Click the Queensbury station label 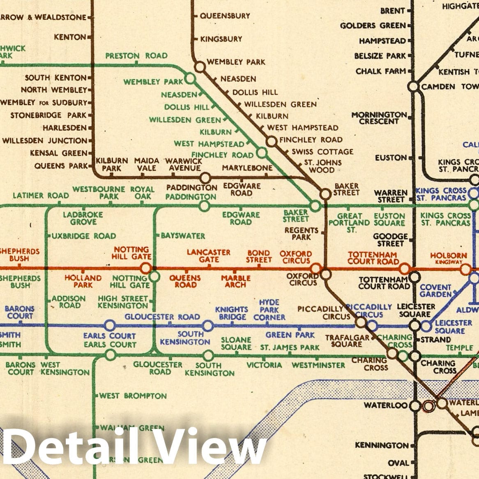pyautogui.click(x=225, y=16)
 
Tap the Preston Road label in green pyautogui.click(x=136, y=56)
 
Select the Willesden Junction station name pyautogui.click(x=45, y=140)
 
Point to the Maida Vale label pyautogui.click(x=147, y=164)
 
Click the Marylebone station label pyautogui.click(x=247, y=168)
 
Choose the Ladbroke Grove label pyautogui.click(x=83, y=218)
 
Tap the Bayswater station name pyautogui.click(x=183, y=236)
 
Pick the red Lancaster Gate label pyautogui.click(x=209, y=256)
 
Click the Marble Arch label pyautogui.click(x=235, y=281)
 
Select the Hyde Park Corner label pyautogui.click(x=269, y=310)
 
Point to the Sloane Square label pyautogui.click(x=236, y=343)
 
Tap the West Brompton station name pyautogui.click(x=133, y=396)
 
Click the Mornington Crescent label pyautogui.click(x=379, y=118)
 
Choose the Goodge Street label pyautogui.click(x=390, y=240)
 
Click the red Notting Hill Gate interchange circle pyautogui.click(x=146, y=269)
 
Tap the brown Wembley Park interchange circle pyautogui.click(x=200, y=67)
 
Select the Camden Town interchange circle pyautogui.click(x=413, y=87)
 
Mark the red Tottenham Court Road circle pyautogui.click(x=404, y=269)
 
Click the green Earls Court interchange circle pyautogui.click(x=110, y=355)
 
